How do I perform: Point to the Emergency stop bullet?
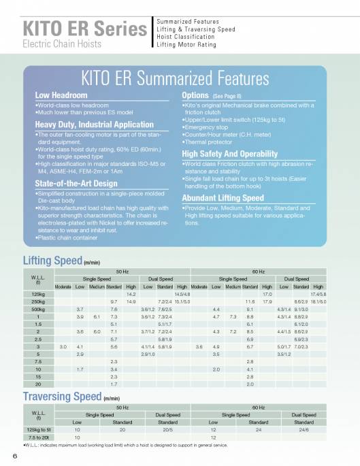(x=206, y=127)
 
